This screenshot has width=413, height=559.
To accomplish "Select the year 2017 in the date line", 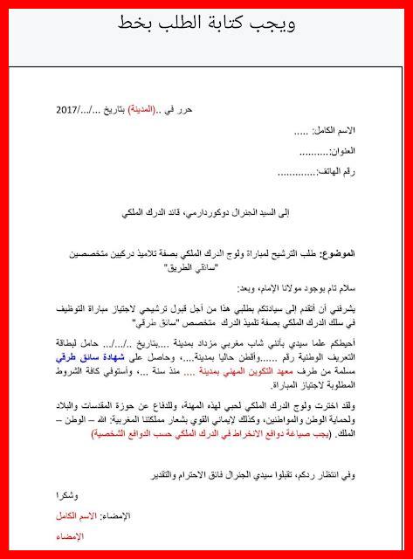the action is tap(67, 111).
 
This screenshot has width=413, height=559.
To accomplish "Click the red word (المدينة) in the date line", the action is tap(144, 111).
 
